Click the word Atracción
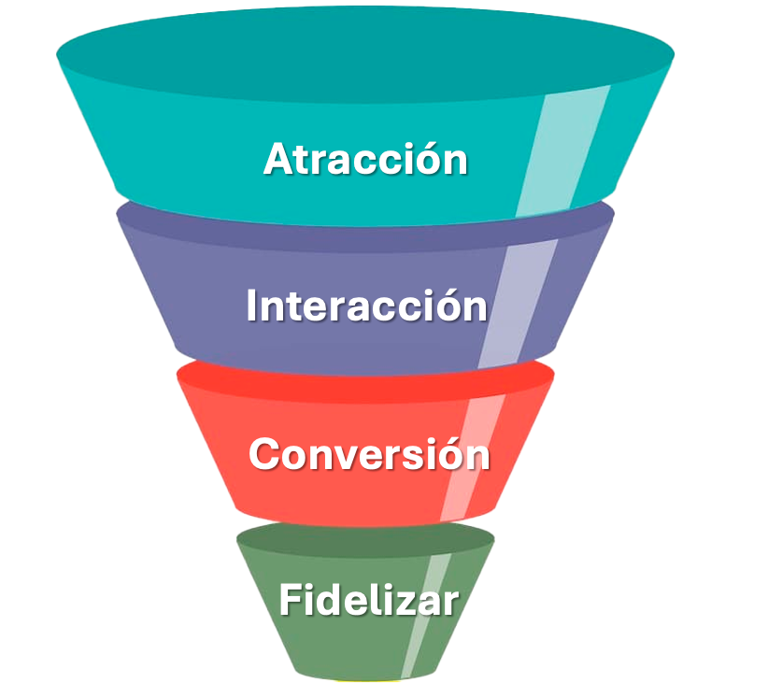[365, 159]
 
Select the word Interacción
[366, 306]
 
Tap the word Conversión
[369, 455]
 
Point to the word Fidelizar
[368, 600]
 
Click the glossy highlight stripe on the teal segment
[562, 149]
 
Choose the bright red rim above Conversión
[365, 379]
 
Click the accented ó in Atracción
[429, 160]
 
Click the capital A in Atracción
[278, 159]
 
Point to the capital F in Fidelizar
[291, 600]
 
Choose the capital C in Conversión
[266, 455]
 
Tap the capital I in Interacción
[252, 306]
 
